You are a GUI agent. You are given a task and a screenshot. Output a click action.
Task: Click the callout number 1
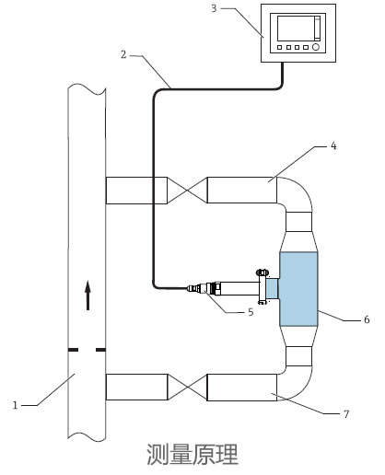point(15,405)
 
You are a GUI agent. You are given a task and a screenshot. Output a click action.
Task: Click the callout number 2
point(123,54)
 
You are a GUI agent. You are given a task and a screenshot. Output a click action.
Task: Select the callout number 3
point(214,8)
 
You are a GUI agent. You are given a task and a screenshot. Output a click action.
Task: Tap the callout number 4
point(333,145)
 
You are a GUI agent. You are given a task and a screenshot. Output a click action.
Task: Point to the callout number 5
point(251,312)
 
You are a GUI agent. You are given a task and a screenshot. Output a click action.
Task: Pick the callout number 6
point(367,319)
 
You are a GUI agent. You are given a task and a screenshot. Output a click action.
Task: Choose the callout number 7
point(346,414)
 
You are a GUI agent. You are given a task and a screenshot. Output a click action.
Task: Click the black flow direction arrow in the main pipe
point(88,295)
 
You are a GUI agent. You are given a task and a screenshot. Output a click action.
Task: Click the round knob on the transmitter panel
point(316,47)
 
